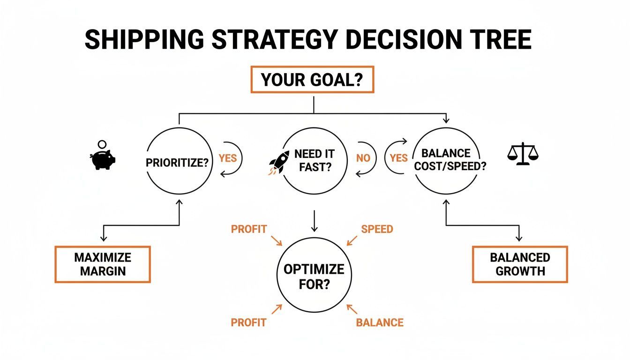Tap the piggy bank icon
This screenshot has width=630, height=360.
[x=103, y=159]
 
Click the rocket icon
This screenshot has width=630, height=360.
[x=279, y=163]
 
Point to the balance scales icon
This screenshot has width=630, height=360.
[x=523, y=154]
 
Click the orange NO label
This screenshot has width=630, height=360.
[x=363, y=158]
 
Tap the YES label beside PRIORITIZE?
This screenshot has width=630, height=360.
[x=228, y=158]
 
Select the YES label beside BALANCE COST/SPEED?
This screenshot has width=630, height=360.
[x=398, y=158]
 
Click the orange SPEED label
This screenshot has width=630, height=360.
[x=377, y=229]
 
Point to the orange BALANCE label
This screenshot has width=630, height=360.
[x=380, y=322]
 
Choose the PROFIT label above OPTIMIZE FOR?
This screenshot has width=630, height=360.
[x=249, y=229]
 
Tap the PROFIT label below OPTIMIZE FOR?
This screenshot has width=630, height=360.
[x=248, y=322]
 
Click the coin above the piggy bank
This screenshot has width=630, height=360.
[x=102, y=144]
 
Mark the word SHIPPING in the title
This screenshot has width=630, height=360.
[x=144, y=39]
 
